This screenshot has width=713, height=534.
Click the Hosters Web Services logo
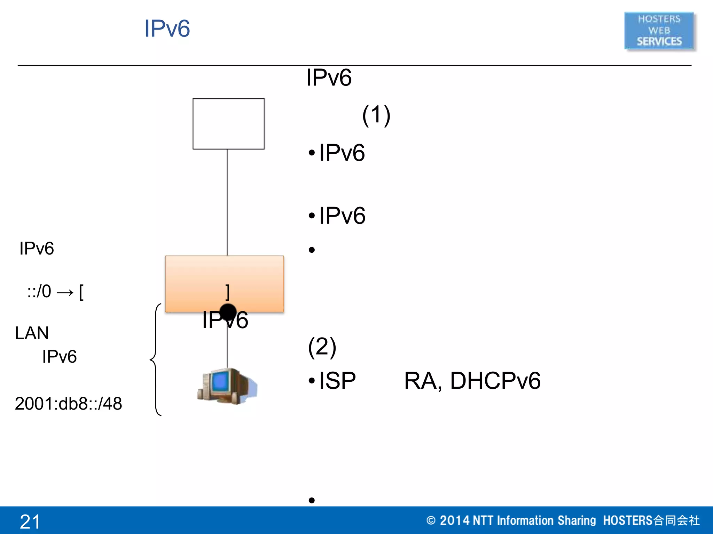(659, 31)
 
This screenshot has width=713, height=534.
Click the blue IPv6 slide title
(167, 29)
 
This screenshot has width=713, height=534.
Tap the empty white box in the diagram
(228, 124)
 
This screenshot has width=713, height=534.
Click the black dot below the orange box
(228, 312)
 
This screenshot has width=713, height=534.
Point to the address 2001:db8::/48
(68, 404)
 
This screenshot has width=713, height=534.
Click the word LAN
(32, 333)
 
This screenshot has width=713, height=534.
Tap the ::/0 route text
(39, 291)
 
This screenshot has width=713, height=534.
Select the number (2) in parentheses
(322, 347)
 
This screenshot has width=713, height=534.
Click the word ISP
(337, 380)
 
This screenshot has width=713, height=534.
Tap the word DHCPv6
(495, 380)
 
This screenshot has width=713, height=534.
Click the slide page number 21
(30, 521)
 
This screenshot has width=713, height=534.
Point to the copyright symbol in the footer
(431, 520)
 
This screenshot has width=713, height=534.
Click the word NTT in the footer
(483, 520)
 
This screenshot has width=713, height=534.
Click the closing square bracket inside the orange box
(227, 292)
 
